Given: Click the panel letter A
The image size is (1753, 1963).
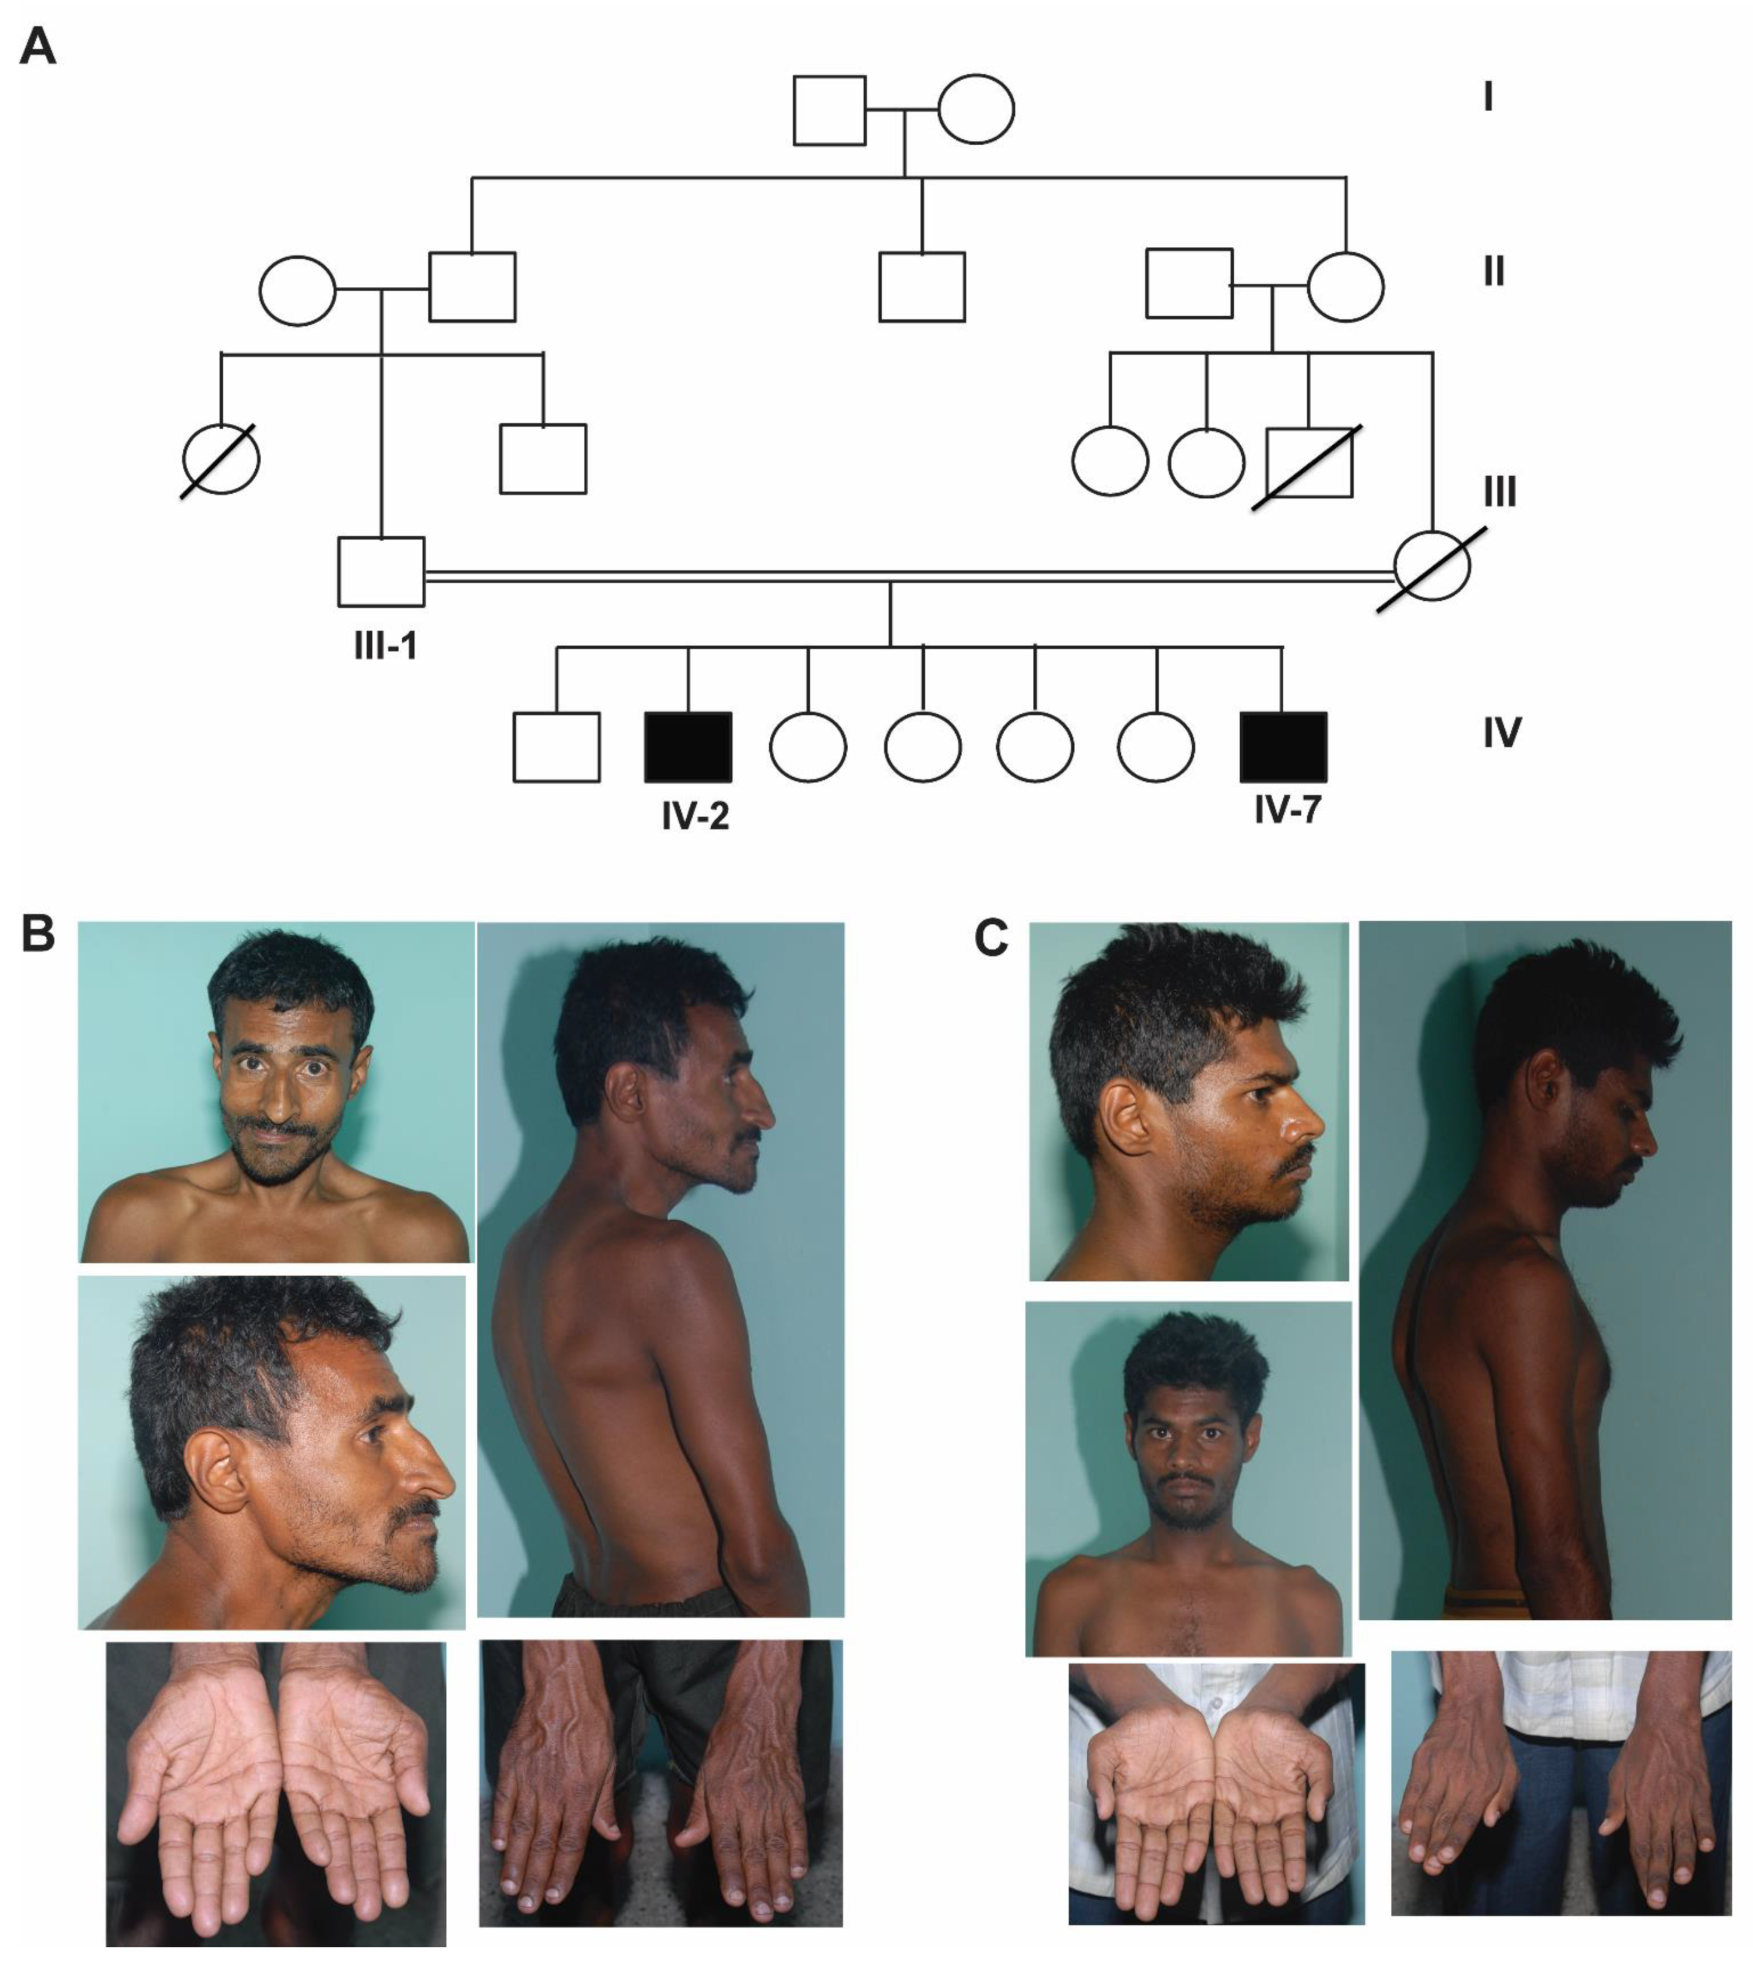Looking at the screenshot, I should (x=38, y=45).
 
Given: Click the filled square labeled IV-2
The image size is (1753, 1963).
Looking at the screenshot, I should (x=688, y=747).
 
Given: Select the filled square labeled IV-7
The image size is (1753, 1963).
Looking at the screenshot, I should (x=1283, y=747).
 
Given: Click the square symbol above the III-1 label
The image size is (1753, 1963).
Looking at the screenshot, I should (x=381, y=572).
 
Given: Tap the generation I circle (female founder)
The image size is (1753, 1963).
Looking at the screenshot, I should (x=975, y=109).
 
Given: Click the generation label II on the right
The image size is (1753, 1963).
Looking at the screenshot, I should (x=1494, y=273).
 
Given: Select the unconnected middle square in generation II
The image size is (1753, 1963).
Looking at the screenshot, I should (x=922, y=287).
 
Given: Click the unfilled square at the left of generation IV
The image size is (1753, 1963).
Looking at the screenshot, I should (x=556, y=747).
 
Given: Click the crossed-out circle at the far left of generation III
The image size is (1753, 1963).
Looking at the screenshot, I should (x=221, y=460).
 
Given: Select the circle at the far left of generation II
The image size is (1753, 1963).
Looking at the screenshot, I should (x=298, y=290).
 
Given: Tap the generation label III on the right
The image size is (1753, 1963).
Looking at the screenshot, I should (x=1500, y=492).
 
